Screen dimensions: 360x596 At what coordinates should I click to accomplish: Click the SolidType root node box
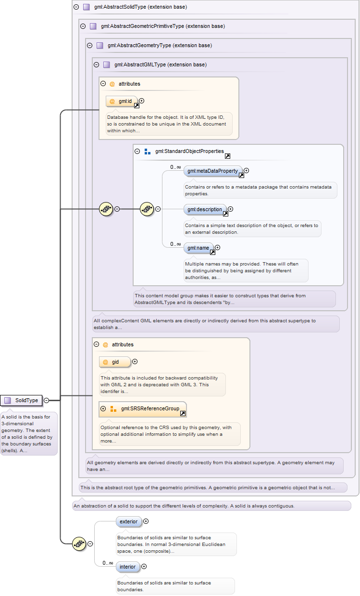tap(21, 400)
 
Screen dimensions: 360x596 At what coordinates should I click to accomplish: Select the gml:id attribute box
tap(122, 101)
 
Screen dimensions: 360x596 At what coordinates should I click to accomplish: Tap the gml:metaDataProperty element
tap(213, 171)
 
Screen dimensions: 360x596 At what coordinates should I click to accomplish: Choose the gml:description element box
tap(205, 209)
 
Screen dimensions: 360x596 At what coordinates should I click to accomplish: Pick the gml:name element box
tap(199, 248)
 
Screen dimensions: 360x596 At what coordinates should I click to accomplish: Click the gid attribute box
tap(115, 362)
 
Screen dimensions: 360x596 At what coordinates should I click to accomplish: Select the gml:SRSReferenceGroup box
tap(143, 409)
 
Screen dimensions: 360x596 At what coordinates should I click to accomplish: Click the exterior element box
tap(129, 521)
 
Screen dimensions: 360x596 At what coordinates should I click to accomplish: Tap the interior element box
tap(128, 567)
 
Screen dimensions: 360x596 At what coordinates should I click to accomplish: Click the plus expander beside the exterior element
tap(146, 521)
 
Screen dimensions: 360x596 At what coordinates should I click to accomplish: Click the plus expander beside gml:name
tap(217, 247)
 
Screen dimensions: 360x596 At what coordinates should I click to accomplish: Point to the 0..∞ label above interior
tap(108, 563)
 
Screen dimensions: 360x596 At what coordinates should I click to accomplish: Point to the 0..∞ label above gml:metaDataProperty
tap(175, 167)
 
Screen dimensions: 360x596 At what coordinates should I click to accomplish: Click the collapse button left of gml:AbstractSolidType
tap(76, 7)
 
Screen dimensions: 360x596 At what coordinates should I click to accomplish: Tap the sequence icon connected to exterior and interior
tap(79, 544)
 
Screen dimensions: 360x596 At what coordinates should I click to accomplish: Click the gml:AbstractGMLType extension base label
tap(161, 64)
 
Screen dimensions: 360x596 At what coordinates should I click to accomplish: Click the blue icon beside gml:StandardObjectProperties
tap(148, 152)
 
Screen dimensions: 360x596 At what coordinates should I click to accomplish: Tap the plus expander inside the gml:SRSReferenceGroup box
tap(103, 408)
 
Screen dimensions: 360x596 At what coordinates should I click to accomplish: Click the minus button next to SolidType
tap(46, 400)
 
